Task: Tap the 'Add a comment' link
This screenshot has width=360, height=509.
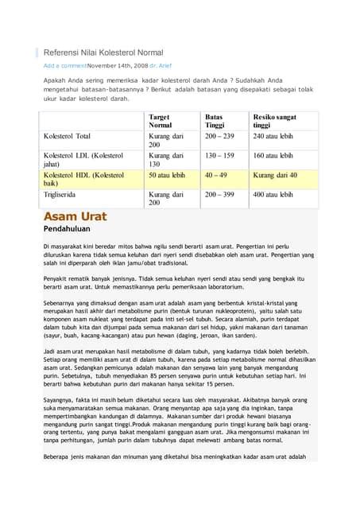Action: (64, 65)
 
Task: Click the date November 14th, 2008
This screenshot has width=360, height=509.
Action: (117, 65)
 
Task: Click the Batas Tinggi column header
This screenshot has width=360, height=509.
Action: (215, 121)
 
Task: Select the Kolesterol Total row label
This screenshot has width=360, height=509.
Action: (67, 136)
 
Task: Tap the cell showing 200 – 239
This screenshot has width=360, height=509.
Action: (219, 136)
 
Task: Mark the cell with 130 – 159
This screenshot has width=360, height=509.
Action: (219, 155)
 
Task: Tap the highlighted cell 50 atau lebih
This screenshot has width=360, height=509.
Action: (167, 174)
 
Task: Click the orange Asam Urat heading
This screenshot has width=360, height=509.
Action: (75, 216)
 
